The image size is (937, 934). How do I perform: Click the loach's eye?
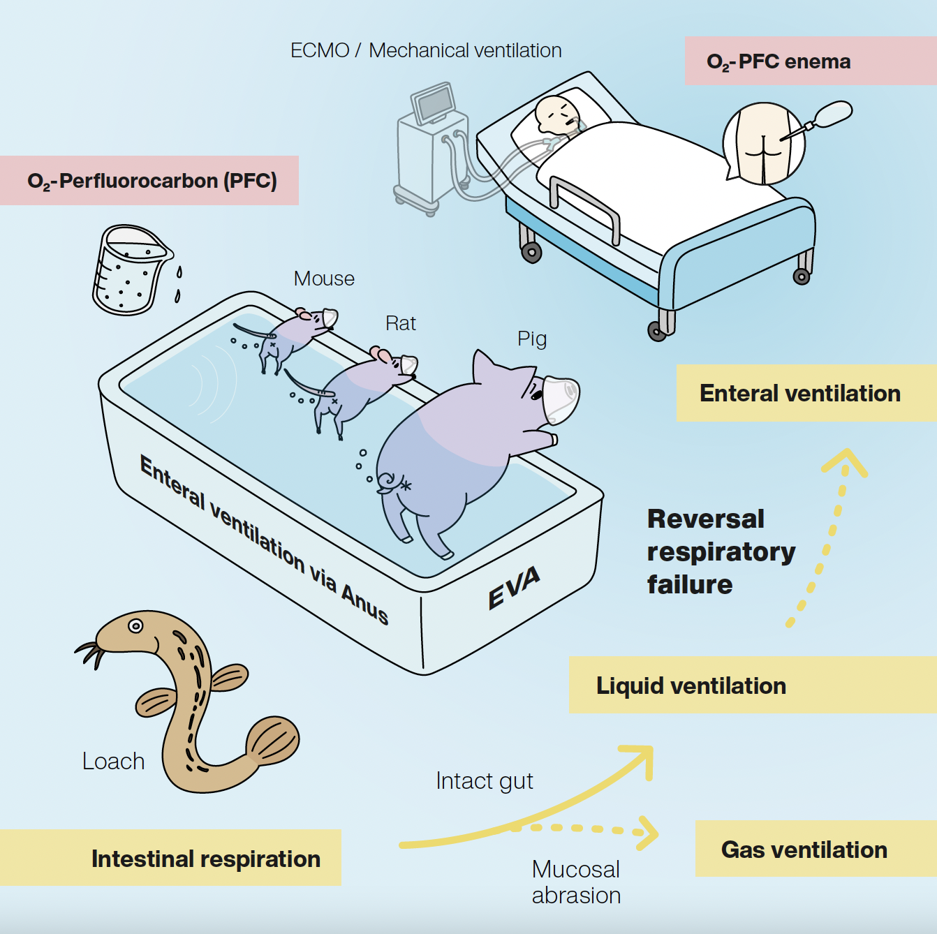point(135,625)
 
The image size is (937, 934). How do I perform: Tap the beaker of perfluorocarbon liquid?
point(129,271)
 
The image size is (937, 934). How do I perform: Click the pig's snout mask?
point(560,399)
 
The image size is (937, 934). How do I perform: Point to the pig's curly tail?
point(387,481)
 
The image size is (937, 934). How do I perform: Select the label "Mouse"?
point(324,279)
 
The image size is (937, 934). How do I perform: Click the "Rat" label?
point(401,323)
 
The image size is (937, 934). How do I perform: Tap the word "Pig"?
point(532,339)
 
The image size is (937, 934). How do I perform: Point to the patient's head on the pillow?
point(556,113)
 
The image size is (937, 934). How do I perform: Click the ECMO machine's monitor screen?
point(434,103)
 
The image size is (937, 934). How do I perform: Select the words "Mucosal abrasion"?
point(576,882)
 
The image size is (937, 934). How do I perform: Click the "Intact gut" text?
point(484,780)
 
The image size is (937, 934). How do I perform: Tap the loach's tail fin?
point(273,741)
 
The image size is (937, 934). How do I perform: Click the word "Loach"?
point(113,761)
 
